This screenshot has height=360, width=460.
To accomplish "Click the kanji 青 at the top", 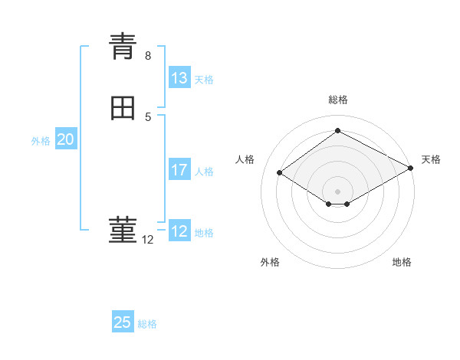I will click(x=123, y=47).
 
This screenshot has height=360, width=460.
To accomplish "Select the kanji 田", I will click(x=123, y=109).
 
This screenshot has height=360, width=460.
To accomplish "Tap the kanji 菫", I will click(x=123, y=231).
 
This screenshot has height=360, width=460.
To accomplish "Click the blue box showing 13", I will click(x=179, y=78).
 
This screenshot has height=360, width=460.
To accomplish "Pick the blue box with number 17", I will click(x=179, y=170).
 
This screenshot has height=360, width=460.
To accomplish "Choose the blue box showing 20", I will click(x=66, y=139).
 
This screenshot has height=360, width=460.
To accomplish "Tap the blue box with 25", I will click(x=123, y=322).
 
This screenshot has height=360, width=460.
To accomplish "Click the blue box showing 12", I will click(x=179, y=231).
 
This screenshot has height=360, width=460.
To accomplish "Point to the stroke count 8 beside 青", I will click(x=148, y=56).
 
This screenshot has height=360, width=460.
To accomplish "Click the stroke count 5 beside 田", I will click(x=148, y=117).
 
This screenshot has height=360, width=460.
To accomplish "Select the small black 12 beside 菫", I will click(x=148, y=240).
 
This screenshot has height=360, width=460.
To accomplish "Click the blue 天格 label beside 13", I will click(x=204, y=80).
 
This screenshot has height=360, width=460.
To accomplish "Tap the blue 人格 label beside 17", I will click(x=205, y=172).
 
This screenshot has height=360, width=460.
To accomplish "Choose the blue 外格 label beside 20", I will click(x=41, y=141).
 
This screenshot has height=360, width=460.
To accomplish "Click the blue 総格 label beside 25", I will click(x=147, y=324).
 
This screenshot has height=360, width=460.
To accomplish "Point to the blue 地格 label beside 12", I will click(x=204, y=233).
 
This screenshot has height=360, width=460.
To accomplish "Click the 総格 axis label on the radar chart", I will click(x=338, y=100).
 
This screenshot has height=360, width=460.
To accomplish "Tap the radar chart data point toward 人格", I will click(x=280, y=173).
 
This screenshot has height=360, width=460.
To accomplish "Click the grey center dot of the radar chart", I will click(x=338, y=191).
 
